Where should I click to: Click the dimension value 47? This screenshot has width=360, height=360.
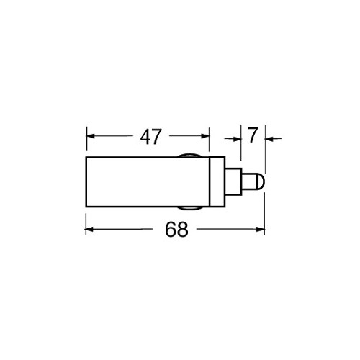150,137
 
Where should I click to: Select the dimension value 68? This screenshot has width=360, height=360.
176,230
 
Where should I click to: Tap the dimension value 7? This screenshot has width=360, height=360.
253,135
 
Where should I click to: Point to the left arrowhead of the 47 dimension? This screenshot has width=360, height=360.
91,136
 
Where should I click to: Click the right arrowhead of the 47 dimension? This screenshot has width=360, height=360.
205,136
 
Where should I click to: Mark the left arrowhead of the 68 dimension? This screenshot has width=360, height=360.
89,230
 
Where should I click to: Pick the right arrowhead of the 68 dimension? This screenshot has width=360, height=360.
261,230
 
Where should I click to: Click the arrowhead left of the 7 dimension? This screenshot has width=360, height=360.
237,138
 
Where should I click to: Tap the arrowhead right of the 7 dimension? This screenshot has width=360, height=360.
269,138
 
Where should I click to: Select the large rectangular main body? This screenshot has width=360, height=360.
148,181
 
